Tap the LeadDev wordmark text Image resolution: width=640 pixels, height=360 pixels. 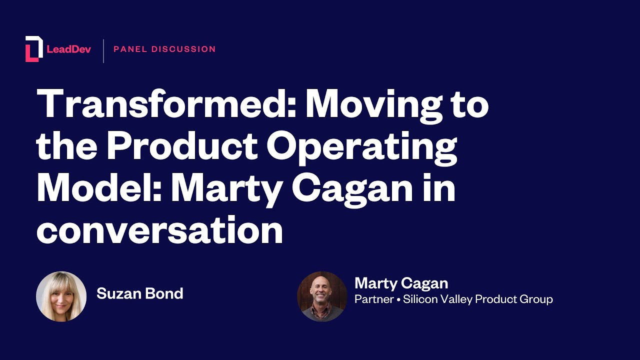point(68,49)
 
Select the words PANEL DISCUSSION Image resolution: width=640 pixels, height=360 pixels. point(164,49)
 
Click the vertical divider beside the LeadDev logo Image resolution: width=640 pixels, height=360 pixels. point(103,50)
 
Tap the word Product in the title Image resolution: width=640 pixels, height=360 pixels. point(182,146)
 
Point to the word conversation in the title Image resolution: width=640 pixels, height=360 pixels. point(159,230)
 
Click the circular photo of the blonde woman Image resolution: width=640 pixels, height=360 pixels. point(61,296)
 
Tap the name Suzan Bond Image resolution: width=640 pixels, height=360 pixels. point(140,293)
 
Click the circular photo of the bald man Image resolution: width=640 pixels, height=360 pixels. point(322,296)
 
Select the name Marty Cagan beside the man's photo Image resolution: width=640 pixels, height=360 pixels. point(401,283)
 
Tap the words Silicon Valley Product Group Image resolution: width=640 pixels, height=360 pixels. point(478,299)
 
